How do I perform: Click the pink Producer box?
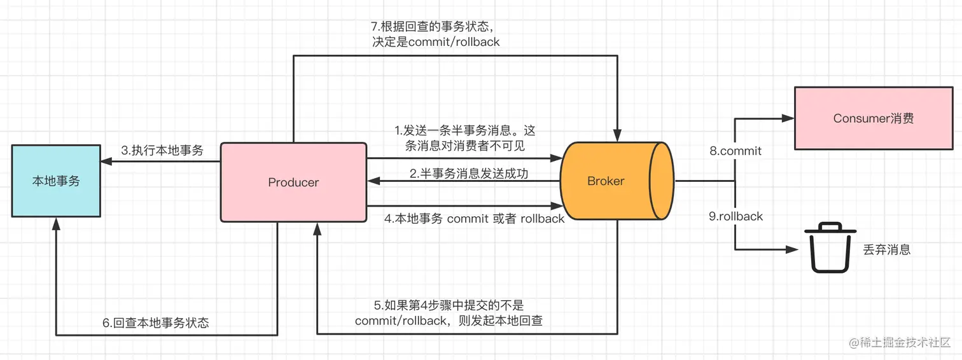293,183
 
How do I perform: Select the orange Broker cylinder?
617,181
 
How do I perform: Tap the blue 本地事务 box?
56,181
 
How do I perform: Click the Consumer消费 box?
874,118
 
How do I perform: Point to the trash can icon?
830,247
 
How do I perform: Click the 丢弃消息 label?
887,250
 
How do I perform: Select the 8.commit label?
735,151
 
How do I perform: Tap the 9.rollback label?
735,216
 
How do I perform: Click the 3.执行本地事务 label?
162,150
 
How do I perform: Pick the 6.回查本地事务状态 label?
155,322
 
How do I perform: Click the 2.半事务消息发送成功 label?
468,174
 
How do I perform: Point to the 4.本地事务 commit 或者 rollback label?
474,219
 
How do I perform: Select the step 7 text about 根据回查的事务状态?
435,34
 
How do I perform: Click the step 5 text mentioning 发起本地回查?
449,313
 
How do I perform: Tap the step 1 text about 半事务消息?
464,138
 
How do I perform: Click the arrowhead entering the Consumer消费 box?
788,118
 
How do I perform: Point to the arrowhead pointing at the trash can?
791,249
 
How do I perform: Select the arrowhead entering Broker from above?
617,135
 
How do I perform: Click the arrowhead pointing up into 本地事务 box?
56,224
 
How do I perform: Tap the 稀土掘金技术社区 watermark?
900,342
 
